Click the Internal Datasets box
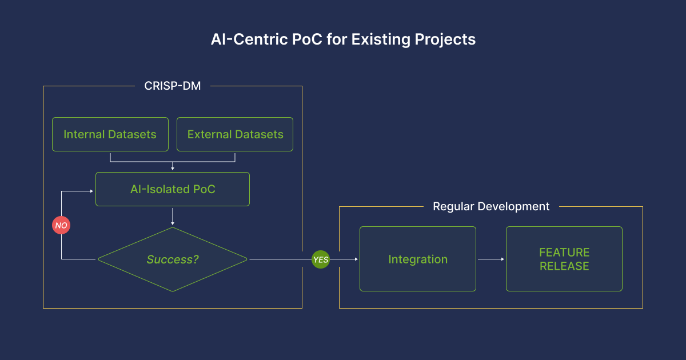tap(110, 134)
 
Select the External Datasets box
tap(235, 134)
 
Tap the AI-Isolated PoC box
tap(173, 189)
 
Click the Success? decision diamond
tap(173, 259)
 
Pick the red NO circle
tap(61, 225)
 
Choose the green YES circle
tap(321, 259)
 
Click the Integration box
tap(418, 259)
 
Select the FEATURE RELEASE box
tap(564, 259)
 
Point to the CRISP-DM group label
tap(173, 86)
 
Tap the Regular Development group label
tap(491, 207)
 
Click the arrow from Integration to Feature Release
tap(491, 259)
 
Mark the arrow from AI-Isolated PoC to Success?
tap(173, 217)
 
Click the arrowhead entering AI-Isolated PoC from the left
tap(91, 191)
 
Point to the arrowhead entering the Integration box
tap(356, 259)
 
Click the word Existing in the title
tap(381, 39)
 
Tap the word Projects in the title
tap(445, 39)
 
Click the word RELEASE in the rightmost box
tap(564, 266)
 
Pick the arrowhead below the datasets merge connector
tap(173, 169)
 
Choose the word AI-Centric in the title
tap(249, 39)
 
